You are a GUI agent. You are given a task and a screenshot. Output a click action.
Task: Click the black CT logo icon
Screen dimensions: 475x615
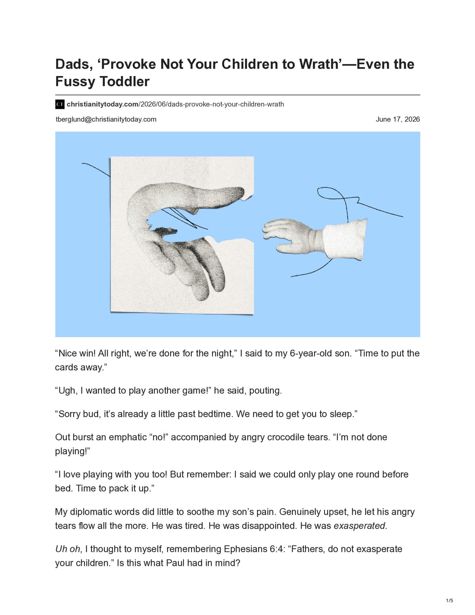[60, 104]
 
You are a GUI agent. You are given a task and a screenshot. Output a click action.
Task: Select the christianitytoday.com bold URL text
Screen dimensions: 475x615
[103, 104]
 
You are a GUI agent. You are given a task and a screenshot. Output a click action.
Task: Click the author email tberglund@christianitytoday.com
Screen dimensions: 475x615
[106, 119]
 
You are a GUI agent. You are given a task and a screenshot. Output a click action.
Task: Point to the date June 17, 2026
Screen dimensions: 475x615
[397, 119]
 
